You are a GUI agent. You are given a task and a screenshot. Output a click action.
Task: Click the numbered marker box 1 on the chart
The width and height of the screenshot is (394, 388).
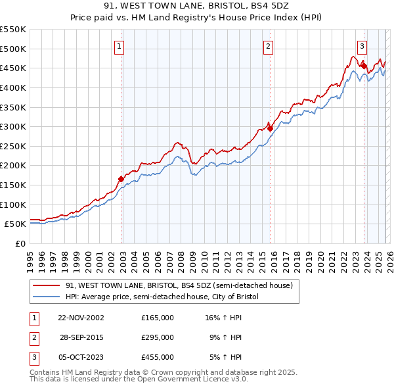tap(119, 46)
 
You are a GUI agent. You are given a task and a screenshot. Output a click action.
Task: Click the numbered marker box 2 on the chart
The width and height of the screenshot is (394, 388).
tap(269, 46)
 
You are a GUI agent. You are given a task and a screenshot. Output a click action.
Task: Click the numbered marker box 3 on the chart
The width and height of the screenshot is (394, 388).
tap(362, 46)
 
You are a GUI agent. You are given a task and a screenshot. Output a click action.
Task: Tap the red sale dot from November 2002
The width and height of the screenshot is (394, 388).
tap(121, 179)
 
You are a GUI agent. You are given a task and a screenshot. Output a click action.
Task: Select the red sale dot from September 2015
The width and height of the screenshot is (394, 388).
tap(270, 128)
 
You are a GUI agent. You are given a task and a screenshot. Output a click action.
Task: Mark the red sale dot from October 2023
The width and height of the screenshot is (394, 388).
tap(364, 66)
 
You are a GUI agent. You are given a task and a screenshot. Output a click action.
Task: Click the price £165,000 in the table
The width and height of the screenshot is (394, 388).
tap(158, 317)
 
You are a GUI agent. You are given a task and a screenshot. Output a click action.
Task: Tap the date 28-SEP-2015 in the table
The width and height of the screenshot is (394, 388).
tap(81, 337)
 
